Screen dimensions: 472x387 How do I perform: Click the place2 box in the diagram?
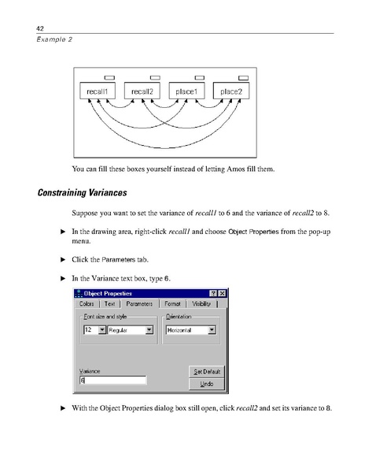pos(231,91)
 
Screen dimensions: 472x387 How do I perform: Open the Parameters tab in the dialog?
pos(139,303)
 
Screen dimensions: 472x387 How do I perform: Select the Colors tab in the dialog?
pos(87,303)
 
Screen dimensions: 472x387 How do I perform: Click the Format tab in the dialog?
pos(171,303)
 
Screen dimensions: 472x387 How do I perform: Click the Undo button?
pos(208,384)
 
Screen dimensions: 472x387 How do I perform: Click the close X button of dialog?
pos(223,293)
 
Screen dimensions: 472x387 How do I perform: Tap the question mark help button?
pos(213,293)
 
